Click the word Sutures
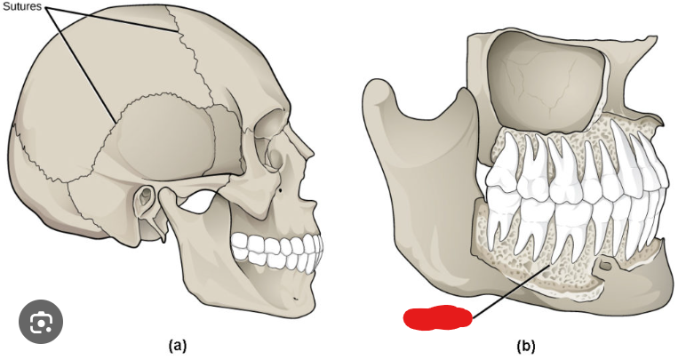click(24, 6)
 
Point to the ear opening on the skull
click(142, 204)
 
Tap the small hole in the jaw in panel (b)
click(607, 264)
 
